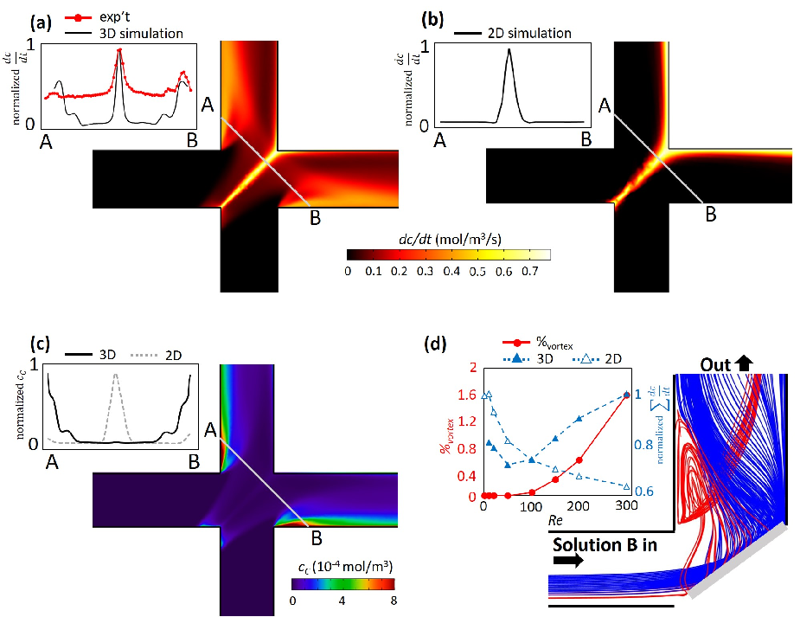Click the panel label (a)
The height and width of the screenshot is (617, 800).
pos(41,23)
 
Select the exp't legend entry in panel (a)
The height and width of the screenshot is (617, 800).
pos(98,17)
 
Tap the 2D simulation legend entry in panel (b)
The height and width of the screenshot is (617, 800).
pos(512,33)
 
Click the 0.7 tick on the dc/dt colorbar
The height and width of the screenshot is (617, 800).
pos(530,271)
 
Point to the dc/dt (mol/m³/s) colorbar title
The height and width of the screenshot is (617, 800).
pos(450,240)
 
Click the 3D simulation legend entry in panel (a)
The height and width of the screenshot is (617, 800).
pos(124,34)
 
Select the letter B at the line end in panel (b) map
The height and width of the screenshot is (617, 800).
pos(711,215)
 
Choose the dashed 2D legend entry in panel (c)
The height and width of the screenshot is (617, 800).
pos(157,355)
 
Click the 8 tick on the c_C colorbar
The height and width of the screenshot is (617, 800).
pos(394,601)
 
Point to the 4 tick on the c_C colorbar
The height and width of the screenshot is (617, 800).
pos(342,601)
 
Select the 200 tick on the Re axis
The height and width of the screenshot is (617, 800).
pos(579,505)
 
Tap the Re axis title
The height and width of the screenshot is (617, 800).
pos(555,520)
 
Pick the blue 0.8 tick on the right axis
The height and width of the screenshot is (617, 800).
pos(643,445)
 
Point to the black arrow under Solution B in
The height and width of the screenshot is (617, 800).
pos(568,561)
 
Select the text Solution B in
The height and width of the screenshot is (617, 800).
pos(605,545)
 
